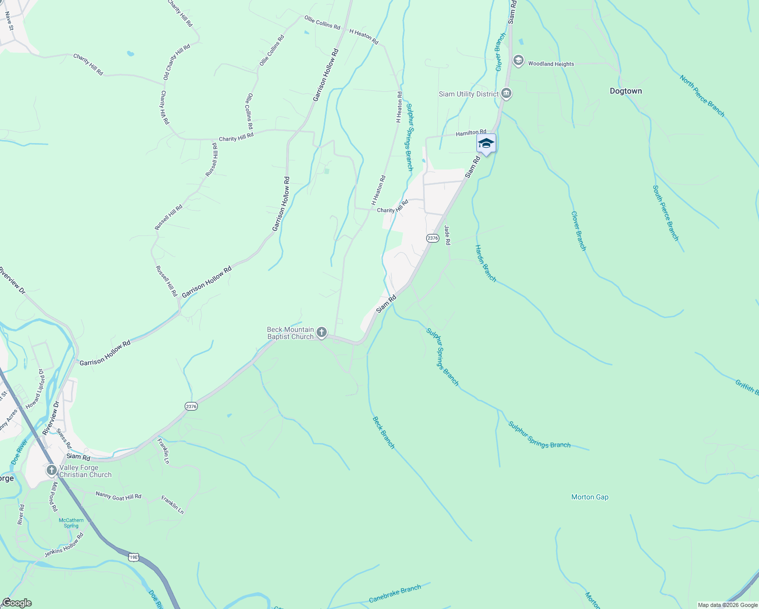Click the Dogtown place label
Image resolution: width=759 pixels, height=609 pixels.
pyautogui.click(x=626, y=91)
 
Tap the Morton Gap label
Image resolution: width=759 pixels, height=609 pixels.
pyautogui.click(x=590, y=497)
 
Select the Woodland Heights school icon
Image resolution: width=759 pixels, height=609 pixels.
pyautogui.click(x=518, y=61)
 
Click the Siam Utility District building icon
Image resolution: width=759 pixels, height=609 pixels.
pyautogui.click(x=506, y=93)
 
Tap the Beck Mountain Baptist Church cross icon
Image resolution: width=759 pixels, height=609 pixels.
pyautogui.click(x=321, y=332)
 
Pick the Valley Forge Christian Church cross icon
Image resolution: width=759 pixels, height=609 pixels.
pyautogui.click(x=51, y=470)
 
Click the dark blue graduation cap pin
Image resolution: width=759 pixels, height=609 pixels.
pyautogui.click(x=486, y=143)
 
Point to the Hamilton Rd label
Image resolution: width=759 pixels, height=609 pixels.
pyautogui.click(x=471, y=133)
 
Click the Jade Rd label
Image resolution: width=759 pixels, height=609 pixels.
pyautogui.click(x=447, y=235)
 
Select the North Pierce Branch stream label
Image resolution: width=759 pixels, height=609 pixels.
pyautogui.click(x=702, y=96)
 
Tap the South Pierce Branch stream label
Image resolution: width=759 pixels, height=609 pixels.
pyautogui.click(x=665, y=213)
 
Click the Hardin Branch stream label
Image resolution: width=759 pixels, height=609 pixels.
pyautogui.click(x=486, y=263)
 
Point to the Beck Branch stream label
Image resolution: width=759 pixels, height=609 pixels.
pyautogui.click(x=384, y=432)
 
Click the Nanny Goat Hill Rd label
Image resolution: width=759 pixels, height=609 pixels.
pyautogui.click(x=118, y=496)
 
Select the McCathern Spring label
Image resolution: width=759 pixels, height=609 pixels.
pyautogui.click(x=72, y=523)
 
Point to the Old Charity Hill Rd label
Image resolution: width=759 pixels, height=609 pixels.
pyautogui.click(x=177, y=62)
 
